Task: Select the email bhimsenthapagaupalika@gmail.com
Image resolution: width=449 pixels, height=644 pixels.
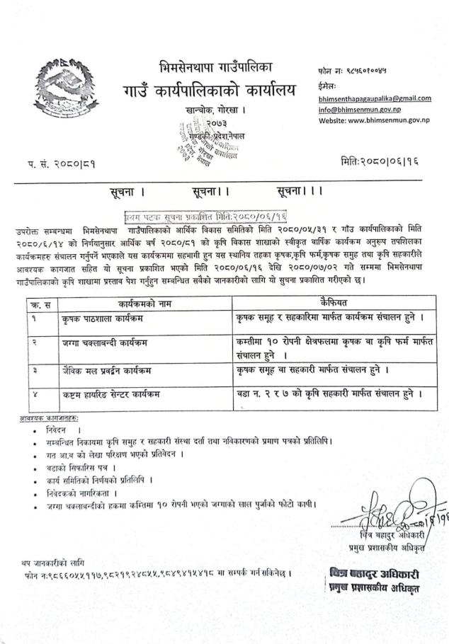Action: click(x=375, y=98)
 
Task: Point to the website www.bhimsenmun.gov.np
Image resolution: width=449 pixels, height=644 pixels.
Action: click(x=367, y=122)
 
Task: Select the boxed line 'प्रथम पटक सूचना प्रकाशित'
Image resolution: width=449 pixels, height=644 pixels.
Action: click(x=205, y=214)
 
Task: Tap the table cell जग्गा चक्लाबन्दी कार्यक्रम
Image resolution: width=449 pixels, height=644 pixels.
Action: click(x=108, y=345)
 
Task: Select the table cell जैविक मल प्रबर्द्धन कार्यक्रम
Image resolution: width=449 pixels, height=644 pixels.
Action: click(x=110, y=369)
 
